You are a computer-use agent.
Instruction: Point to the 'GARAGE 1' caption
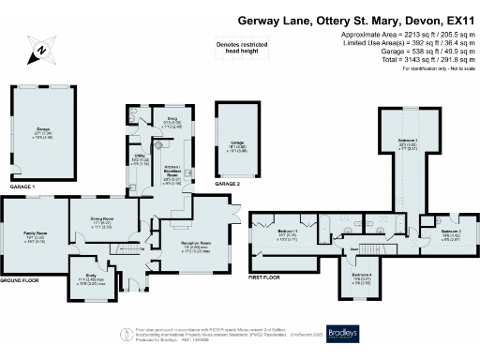click(22, 188)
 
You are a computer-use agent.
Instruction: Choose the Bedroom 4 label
click(361, 278)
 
